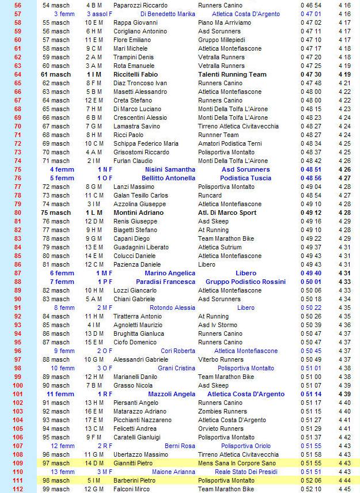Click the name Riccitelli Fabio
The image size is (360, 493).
tap(138, 74)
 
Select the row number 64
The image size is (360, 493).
tap(17, 74)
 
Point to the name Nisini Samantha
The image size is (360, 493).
tap(169, 169)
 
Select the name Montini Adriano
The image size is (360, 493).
tap(138, 213)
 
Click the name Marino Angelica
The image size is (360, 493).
tap(170, 273)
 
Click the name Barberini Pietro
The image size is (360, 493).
tap(135, 480)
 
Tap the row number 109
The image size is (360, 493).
tap(17, 463)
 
